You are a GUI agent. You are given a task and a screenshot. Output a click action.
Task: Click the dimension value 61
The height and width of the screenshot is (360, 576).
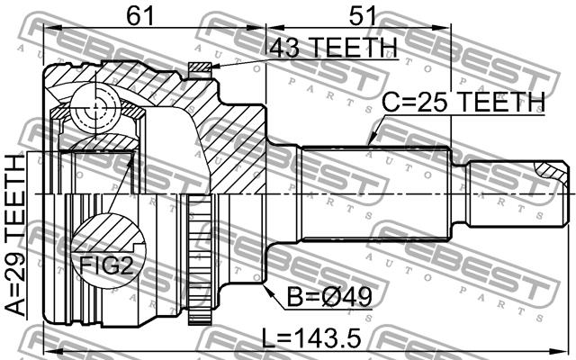pos(139,15)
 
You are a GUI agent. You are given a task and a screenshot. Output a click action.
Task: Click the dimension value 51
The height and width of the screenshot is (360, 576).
pos(362,15)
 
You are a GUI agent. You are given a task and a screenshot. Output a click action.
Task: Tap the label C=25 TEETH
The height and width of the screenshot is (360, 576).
pos(463,102)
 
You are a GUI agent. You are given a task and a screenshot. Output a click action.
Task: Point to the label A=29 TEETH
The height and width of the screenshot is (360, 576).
pos(16,235)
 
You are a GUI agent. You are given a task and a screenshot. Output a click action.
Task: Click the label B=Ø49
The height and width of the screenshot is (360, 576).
pos(329,297)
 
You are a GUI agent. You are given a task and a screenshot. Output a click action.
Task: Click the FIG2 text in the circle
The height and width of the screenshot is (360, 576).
pos(106,266)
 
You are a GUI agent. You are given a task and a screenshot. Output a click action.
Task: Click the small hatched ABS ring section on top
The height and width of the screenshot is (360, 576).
pos(200,67)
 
